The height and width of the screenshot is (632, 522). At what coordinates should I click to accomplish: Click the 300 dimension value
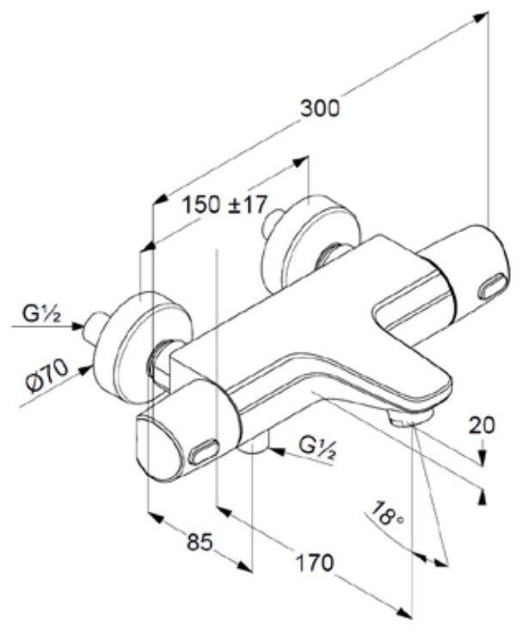point(321,109)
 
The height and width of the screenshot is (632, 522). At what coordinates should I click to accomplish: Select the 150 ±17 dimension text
point(225,206)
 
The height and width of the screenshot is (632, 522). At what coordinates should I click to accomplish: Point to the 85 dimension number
point(199,543)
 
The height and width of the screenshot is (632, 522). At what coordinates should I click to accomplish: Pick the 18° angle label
point(384,517)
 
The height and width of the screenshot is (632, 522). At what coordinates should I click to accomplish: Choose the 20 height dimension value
point(482,424)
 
